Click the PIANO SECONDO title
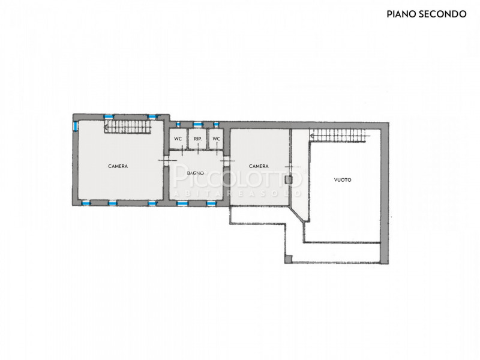pyautogui.click(x=427, y=14)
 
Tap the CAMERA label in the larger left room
pyautogui.click(x=118, y=166)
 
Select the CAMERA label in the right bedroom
pyautogui.click(x=259, y=166)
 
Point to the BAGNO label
pyautogui.click(x=196, y=173)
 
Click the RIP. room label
pyautogui.click(x=198, y=139)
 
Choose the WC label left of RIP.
pyautogui.click(x=178, y=139)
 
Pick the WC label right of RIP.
pyautogui.click(x=216, y=139)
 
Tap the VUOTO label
pyautogui.click(x=343, y=180)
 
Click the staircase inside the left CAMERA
pyautogui.click(x=128, y=127)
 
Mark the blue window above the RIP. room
pyautogui.click(x=198, y=124)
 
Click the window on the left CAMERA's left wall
pyautogui.click(x=76, y=126)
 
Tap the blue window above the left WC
pyautogui.click(x=178, y=124)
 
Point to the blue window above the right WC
pyautogui.click(x=216, y=124)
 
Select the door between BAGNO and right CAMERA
pyautogui.click(x=227, y=161)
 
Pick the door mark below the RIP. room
pyautogui.click(x=198, y=150)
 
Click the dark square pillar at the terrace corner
pyautogui.click(x=288, y=260)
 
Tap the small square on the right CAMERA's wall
pyautogui.click(x=288, y=179)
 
